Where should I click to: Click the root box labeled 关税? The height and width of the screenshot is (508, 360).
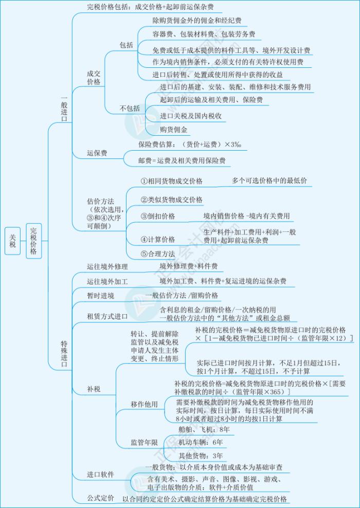[x=13, y=241]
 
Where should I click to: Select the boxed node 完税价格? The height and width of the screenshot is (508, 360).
[x=34, y=241]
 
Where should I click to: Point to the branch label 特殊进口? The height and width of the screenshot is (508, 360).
[x=64, y=353]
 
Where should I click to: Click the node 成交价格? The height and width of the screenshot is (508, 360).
[x=94, y=78]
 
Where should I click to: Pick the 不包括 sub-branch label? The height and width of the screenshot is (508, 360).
[x=130, y=108]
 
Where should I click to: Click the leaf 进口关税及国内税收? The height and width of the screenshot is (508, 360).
[x=191, y=116]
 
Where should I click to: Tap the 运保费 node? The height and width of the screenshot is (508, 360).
[x=97, y=153]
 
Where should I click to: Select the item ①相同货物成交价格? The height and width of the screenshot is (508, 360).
[x=171, y=181]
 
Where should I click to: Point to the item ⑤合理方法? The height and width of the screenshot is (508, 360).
[x=157, y=254]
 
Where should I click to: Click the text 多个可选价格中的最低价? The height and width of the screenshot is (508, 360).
[x=269, y=180]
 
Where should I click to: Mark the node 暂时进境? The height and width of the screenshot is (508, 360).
[x=100, y=296]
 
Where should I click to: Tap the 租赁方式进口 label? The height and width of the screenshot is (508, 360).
[x=107, y=316]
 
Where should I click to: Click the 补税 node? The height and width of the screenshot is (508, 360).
[x=94, y=389]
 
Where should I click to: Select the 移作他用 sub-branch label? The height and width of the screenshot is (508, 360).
[x=144, y=404]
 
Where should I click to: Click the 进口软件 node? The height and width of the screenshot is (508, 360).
[x=100, y=475]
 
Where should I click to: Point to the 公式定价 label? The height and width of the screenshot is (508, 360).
[x=100, y=498]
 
